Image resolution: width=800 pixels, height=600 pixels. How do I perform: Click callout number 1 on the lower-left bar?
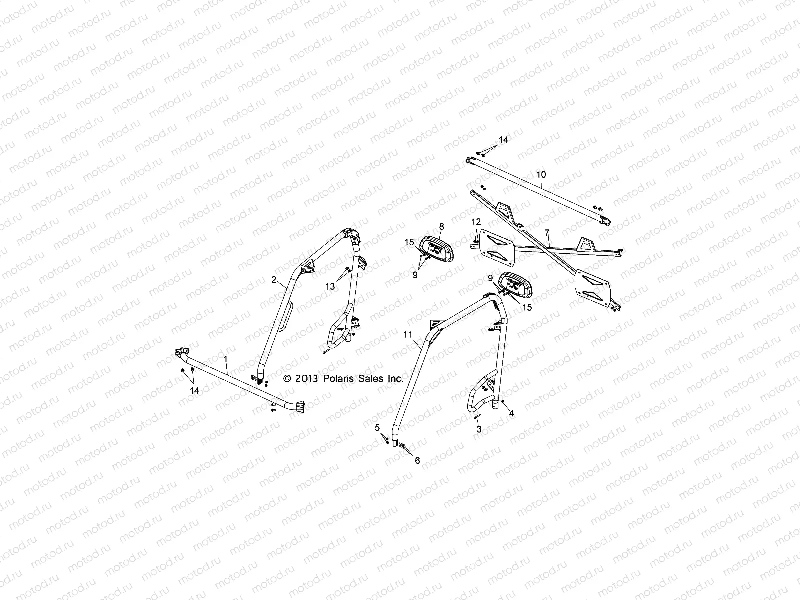pos(226,359)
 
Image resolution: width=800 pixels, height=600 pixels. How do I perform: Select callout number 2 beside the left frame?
pos(274,280)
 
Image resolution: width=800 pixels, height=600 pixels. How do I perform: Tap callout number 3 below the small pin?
pos(479,429)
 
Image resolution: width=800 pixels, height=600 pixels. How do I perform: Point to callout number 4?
pos(511,413)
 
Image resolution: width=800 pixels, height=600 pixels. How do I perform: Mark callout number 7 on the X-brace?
pos(547,232)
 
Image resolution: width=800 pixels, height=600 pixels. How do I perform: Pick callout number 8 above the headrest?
pos(441,226)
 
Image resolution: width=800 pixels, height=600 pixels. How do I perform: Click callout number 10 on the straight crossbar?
pos(541,175)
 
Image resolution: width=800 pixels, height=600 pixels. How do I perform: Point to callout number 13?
pos(330,286)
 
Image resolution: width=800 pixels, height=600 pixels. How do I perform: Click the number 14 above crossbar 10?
pos(503,140)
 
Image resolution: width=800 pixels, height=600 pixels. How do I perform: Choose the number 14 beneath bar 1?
pos(195,390)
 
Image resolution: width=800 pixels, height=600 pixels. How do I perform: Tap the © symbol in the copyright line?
pos(287,379)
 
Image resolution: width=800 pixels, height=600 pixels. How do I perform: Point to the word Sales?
pos(371,379)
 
